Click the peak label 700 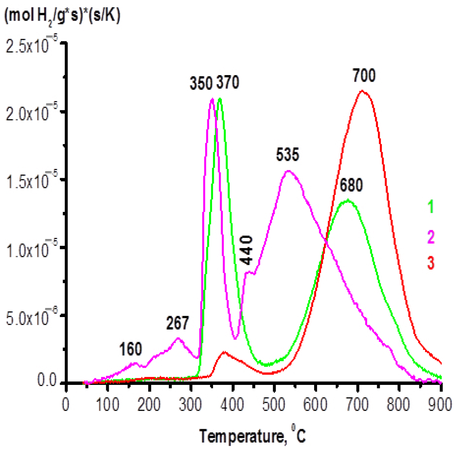tap(364, 76)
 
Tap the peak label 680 tap(351, 185)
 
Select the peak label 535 tap(288, 155)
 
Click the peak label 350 tap(201, 83)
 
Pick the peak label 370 tap(228, 83)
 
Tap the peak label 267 tap(178, 323)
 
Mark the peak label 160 tap(130, 349)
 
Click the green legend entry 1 tap(430, 207)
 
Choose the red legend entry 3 tap(430, 263)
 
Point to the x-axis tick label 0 tap(66, 404)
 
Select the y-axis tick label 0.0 tap(47, 381)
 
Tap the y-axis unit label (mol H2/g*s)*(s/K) tap(62, 16)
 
